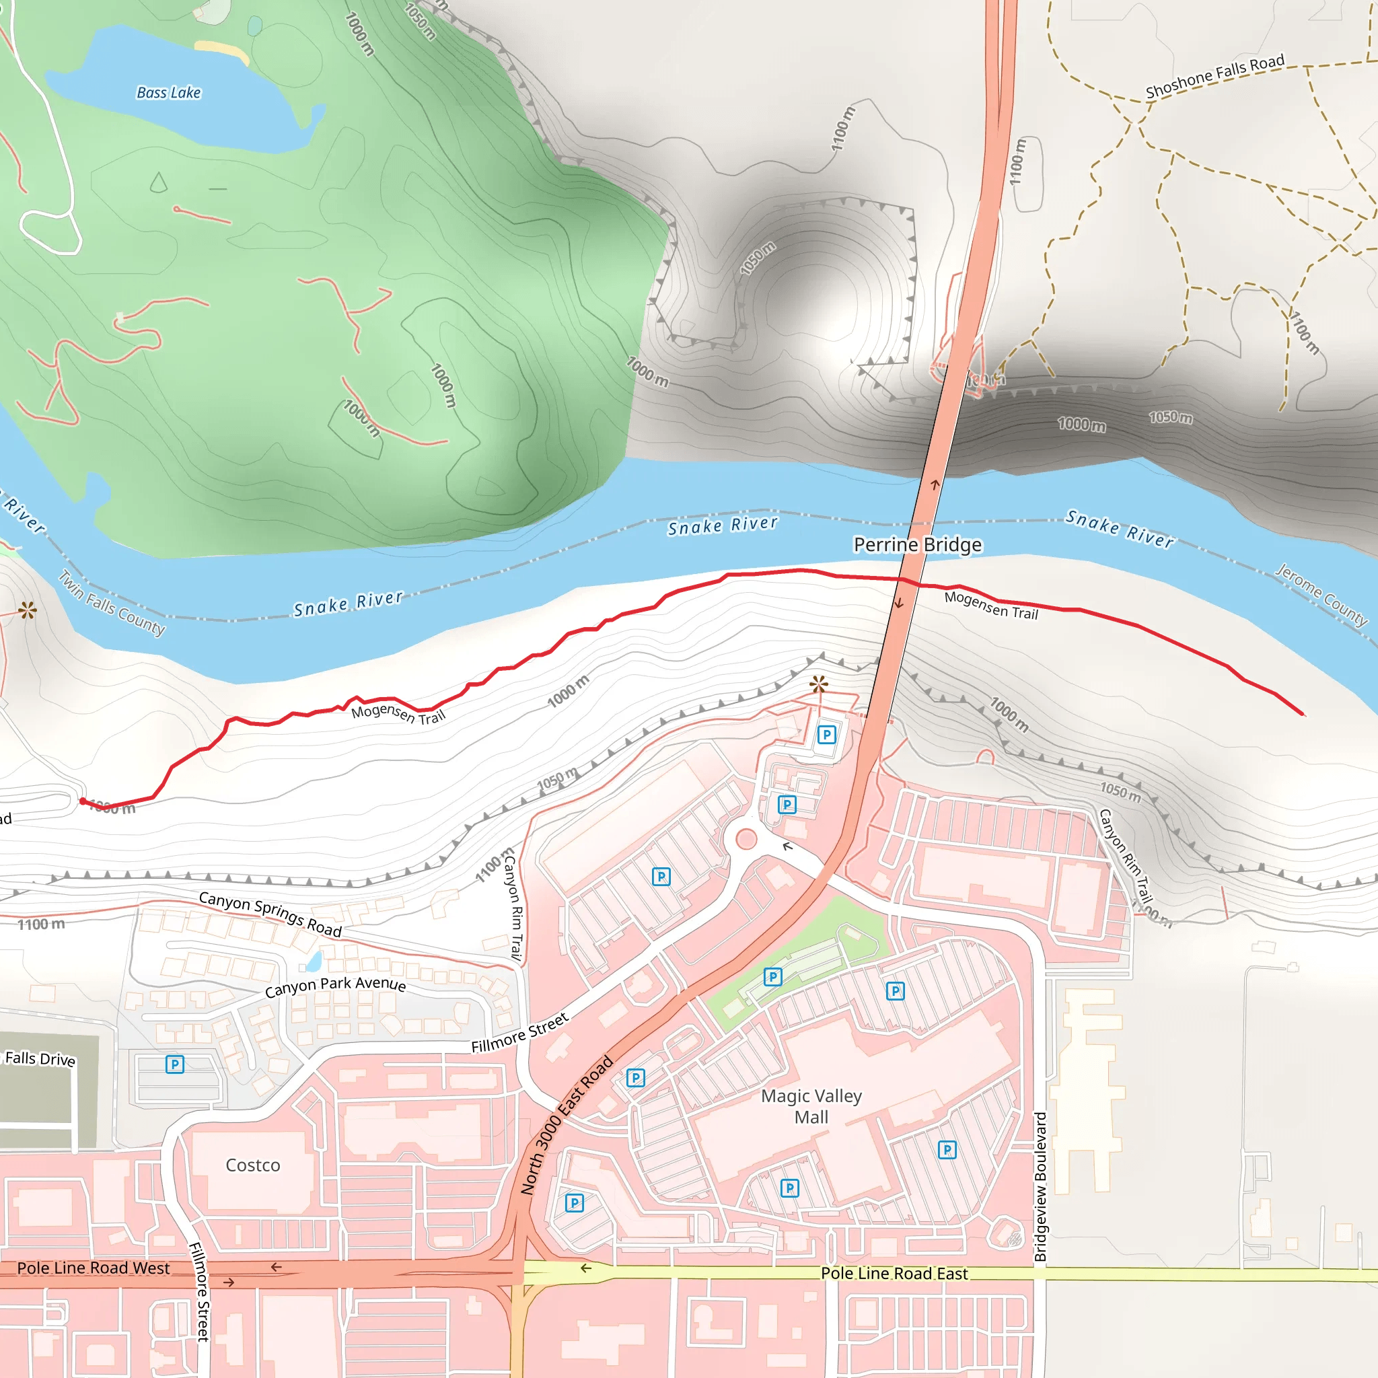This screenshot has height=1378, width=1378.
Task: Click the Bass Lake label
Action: pyautogui.click(x=168, y=93)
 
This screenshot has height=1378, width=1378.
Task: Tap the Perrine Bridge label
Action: pyautogui.click(x=917, y=545)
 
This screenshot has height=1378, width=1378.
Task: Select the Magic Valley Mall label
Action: pyautogui.click(x=811, y=1106)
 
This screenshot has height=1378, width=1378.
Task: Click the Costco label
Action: pyautogui.click(x=252, y=1165)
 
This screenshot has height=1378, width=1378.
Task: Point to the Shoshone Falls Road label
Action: pyautogui.click(x=1214, y=76)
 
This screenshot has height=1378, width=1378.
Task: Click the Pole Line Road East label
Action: pyautogui.click(x=894, y=1273)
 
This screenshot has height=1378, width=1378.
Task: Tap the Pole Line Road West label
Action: pyautogui.click(x=94, y=1268)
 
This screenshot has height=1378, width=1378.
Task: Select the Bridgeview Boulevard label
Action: pyautogui.click(x=1040, y=1187)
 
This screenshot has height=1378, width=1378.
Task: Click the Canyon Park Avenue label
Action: pyautogui.click(x=335, y=986)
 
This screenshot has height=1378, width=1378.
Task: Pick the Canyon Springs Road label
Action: pyautogui.click(x=270, y=914)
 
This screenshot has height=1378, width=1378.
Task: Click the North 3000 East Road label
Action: pyautogui.click(x=567, y=1125)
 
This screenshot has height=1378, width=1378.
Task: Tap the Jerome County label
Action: pyautogui.click(x=1321, y=595)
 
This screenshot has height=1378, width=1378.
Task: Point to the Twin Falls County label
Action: pyautogui.click(x=111, y=603)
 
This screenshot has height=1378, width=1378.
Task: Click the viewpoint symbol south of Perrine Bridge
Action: pyautogui.click(x=819, y=685)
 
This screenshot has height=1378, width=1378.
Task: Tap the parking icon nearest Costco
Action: pyautogui.click(x=175, y=1064)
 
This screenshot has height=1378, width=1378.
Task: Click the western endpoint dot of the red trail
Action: pyautogui.click(x=83, y=801)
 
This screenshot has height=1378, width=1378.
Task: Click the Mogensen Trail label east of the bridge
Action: pyautogui.click(x=990, y=605)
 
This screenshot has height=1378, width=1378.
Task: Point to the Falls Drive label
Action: pyautogui.click(x=40, y=1058)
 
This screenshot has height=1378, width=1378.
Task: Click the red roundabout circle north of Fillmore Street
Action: pyautogui.click(x=746, y=839)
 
